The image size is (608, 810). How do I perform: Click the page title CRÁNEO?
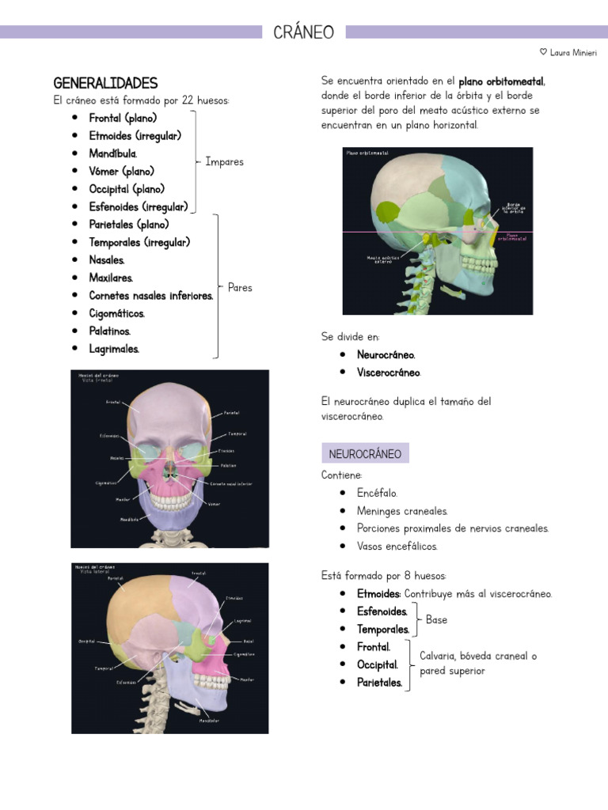(x=304, y=32)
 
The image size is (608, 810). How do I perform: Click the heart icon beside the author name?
(x=543, y=52)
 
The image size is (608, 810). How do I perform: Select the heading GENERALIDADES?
(x=105, y=83)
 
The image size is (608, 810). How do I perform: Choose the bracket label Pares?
(x=240, y=287)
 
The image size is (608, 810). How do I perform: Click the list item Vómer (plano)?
(x=121, y=171)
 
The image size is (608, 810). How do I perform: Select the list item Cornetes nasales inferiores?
(x=150, y=296)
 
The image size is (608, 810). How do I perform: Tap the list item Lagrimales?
(x=114, y=349)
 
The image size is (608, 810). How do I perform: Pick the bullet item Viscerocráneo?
(x=389, y=373)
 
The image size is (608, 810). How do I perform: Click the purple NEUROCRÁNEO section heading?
(x=365, y=454)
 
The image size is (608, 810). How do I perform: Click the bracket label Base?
(x=436, y=620)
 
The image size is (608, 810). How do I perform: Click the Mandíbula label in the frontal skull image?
(x=130, y=520)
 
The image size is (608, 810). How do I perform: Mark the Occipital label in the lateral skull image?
(x=88, y=641)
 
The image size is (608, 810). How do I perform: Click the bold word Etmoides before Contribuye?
(x=378, y=594)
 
